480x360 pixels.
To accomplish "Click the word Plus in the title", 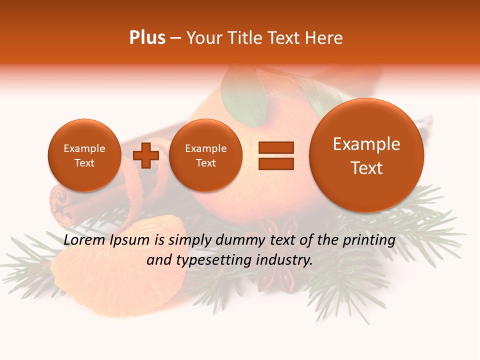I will pos(147,38).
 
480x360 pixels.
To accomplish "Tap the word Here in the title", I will pos(324,38).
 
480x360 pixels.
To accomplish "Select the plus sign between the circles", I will pos(146,155).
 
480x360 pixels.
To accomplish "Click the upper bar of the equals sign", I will pos(276,147).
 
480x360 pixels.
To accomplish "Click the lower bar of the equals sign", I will pos(276,163).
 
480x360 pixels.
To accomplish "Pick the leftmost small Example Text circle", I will pos(84,155).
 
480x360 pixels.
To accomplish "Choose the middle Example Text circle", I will pos(205,155).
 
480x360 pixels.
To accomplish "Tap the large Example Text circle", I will pos(366,155).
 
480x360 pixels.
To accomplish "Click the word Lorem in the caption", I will pos(84,240).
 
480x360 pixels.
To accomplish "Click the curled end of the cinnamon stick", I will pos(59,200).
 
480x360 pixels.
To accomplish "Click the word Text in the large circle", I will pos(366,168).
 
